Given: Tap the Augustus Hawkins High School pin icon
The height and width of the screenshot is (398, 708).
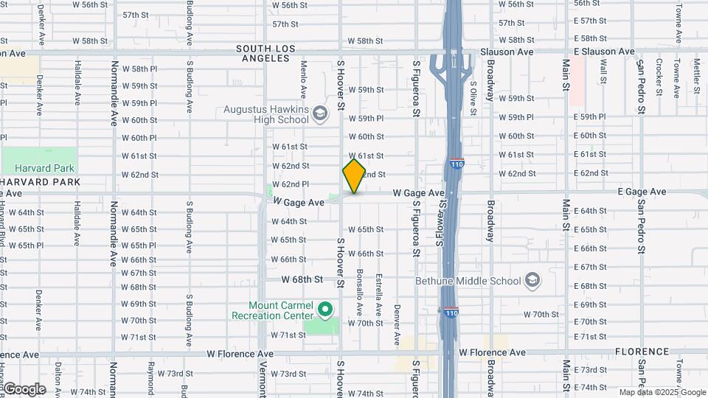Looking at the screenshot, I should pos(319,114).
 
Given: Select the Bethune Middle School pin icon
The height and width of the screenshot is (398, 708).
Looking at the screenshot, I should pos(532,280).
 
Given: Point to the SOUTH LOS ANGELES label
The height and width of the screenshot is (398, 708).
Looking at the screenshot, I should pos(265,53).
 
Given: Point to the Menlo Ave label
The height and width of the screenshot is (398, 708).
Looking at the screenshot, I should pos(303,80).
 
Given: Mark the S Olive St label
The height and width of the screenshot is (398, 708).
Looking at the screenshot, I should pos(473,99).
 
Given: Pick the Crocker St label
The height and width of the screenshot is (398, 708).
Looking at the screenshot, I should pos(658,77).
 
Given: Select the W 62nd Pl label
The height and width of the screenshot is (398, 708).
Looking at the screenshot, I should pos(290,184).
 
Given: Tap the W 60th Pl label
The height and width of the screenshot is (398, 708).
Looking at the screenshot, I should pos(139,138).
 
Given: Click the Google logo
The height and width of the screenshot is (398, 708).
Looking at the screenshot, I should pos(24,388).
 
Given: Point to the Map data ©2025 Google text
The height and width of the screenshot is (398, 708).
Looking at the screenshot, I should pos(662,393).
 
